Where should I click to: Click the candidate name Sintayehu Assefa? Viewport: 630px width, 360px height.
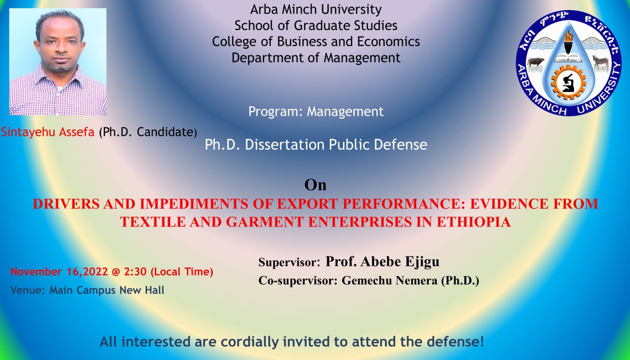48,132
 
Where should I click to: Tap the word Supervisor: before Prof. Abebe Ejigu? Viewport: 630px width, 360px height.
289,262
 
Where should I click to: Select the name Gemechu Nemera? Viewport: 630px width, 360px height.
389,281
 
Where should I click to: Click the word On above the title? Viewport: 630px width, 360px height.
315,185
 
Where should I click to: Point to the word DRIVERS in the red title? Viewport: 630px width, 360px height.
66,204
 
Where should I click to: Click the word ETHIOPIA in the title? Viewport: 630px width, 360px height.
473,222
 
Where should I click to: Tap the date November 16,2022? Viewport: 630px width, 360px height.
59,272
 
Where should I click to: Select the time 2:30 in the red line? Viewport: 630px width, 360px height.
135,272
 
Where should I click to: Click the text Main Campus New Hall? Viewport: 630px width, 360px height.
107,290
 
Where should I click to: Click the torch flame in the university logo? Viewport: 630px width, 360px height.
568,36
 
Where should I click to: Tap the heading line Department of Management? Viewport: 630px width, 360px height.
316,58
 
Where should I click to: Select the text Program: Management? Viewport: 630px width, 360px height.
316,111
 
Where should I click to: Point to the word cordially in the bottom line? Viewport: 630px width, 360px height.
249,342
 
